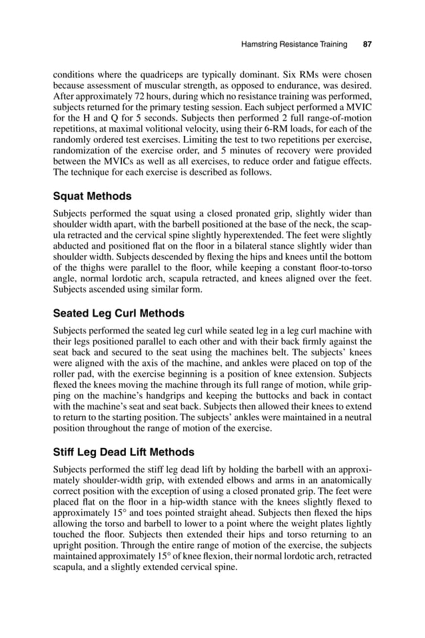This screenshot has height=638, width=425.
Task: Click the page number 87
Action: tap(366, 45)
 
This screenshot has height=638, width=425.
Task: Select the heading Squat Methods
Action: tap(92, 196)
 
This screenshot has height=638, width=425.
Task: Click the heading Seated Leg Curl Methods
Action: tap(119, 313)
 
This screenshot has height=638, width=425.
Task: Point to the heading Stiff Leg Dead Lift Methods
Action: tap(123, 453)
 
